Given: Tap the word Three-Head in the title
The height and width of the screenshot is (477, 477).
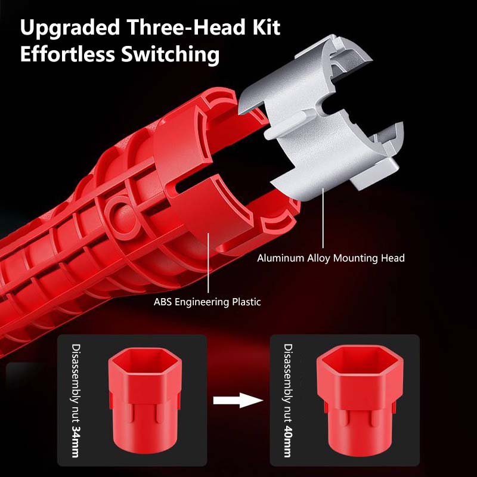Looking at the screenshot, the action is click(x=185, y=27).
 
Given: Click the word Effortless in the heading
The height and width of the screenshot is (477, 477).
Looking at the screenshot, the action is click(x=67, y=54).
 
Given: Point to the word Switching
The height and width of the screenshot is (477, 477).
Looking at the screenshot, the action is click(x=171, y=55).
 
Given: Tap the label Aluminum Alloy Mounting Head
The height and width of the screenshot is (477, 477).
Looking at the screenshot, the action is click(x=331, y=258).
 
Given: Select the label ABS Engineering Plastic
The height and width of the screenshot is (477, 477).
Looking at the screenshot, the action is click(x=207, y=302).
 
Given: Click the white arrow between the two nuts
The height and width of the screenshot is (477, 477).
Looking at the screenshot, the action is click(x=238, y=400).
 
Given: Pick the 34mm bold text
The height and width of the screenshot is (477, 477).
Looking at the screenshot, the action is click(x=75, y=441).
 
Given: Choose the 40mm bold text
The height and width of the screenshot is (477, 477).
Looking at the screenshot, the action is click(x=287, y=441).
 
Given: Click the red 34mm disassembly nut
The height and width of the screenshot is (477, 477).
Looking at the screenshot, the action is click(x=145, y=401).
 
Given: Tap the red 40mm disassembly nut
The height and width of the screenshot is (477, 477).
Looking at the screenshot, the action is click(x=360, y=400).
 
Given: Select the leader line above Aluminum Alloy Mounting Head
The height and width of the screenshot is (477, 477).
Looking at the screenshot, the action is click(x=323, y=218).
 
